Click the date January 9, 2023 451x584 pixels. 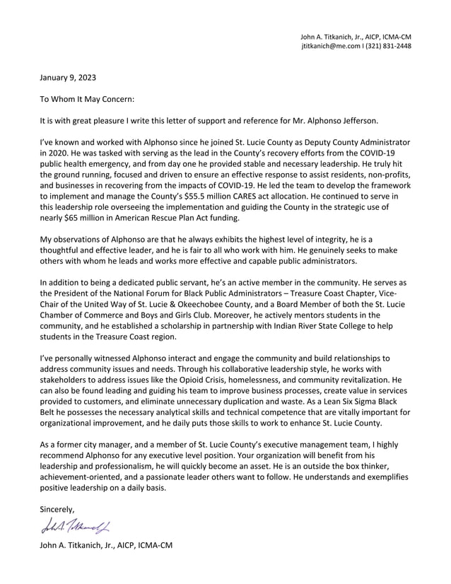point(68,78)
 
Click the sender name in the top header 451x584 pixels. point(332,36)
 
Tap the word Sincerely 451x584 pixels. point(57,509)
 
